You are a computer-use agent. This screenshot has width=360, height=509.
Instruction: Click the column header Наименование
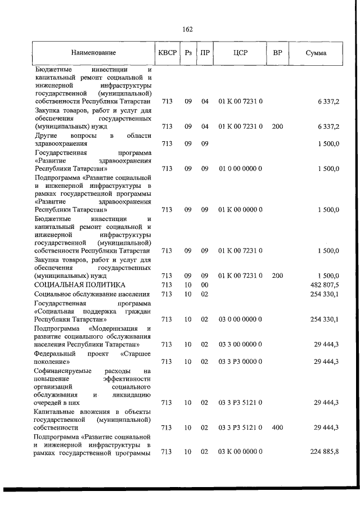[x=93, y=53]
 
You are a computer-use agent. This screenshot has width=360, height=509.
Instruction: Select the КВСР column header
[x=166, y=53]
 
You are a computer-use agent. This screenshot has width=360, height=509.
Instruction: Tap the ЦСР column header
[x=240, y=53]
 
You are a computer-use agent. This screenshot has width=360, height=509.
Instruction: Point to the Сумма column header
[x=317, y=53]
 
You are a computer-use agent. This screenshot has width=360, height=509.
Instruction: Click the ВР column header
[x=277, y=53]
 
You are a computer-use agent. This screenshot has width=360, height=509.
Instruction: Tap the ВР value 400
[x=277, y=427]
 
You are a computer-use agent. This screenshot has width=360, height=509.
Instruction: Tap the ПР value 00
[x=205, y=285]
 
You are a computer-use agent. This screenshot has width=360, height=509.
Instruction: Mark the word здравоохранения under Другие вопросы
[x=62, y=143]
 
